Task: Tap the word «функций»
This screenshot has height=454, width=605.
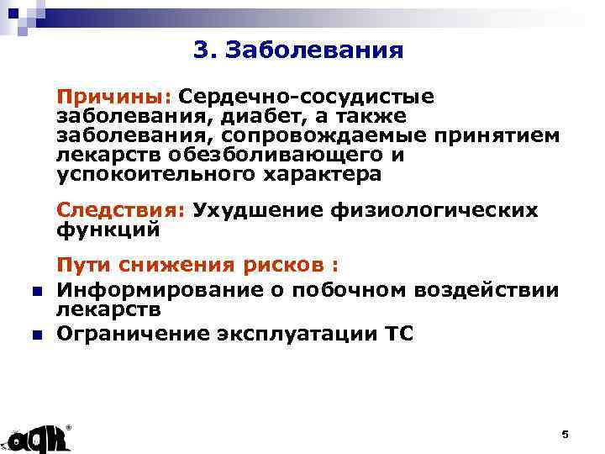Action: [108, 228]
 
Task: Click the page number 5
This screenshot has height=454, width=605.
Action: [565, 434]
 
